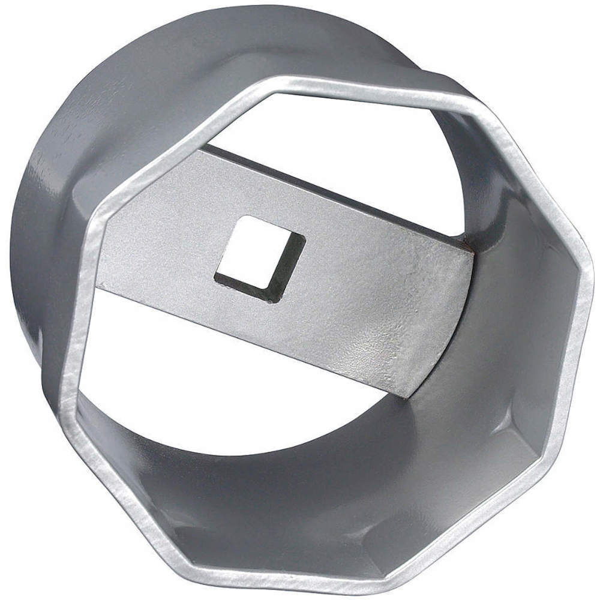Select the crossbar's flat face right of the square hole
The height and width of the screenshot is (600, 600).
coord(372,300)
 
